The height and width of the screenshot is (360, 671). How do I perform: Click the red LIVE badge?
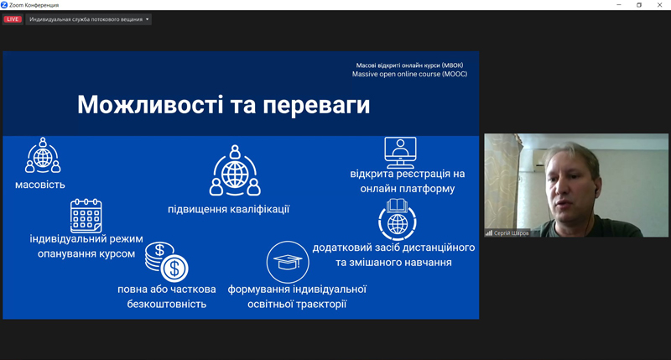pyautogui.click(x=13, y=19)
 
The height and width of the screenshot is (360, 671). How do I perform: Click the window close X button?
pyautogui.click(x=659, y=5)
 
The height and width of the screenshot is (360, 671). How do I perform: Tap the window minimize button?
pyautogui.click(x=619, y=5)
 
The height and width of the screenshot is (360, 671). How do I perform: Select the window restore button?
pyautogui.click(x=639, y=5)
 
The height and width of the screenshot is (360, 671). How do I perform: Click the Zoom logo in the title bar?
pyautogui.click(x=4, y=5)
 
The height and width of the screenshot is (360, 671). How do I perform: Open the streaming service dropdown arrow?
pyautogui.click(x=148, y=19)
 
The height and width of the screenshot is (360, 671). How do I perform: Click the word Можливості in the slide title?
pyautogui.click(x=150, y=104)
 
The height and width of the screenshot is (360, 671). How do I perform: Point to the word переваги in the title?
pyautogui.click(x=316, y=105)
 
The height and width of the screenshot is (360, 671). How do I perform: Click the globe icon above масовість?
pyautogui.click(x=43, y=155)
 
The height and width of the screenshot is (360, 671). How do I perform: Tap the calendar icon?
pyautogui.click(x=86, y=216)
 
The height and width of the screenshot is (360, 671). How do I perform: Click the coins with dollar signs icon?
pyautogui.click(x=166, y=262)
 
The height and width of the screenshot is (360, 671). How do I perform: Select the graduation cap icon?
pyautogui.click(x=288, y=262)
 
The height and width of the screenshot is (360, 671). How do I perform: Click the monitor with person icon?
pyautogui.click(x=400, y=153)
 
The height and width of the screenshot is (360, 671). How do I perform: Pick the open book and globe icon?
pyautogui.click(x=397, y=220)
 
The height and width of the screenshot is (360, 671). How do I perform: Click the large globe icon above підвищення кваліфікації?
pyautogui.click(x=235, y=170)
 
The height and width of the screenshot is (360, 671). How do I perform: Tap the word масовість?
pyautogui.click(x=40, y=185)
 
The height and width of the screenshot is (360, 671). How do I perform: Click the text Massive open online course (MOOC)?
pyautogui.click(x=409, y=74)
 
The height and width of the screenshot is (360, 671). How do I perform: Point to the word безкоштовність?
pyautogui.click(x=166, y=304)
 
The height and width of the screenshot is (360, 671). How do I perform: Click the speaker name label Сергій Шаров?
pyautogui.click(x=511, y=233)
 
